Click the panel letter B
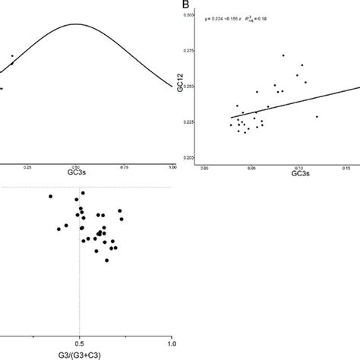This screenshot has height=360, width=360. coord(185,5)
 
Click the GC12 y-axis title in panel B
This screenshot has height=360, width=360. coord(178,87)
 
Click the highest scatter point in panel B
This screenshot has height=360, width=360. coord(283,55)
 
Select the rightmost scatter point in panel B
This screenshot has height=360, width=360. coord(317,116)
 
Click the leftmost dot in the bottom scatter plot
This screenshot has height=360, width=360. coord(50,197)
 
